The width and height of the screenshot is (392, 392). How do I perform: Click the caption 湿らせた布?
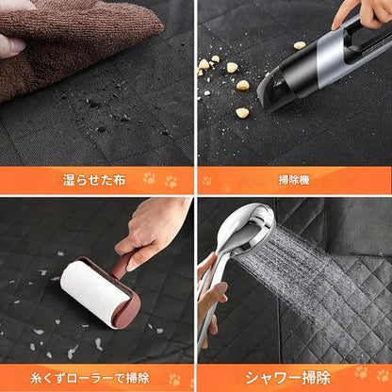click(x=94, y=180)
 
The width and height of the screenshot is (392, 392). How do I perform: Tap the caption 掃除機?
click(x=294, y=180)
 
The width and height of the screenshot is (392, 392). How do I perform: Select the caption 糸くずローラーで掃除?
click(x=90, y=378)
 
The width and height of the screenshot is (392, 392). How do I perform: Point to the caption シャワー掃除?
click(x=287, y=378)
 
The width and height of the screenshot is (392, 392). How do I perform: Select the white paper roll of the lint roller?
click(x=94, y=292)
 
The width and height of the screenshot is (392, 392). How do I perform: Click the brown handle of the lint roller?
click(x=121, y=266)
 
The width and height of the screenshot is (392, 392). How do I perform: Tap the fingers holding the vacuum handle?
click(x=365, y=12)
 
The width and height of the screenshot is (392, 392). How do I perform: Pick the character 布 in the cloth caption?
click(x=119, y=180)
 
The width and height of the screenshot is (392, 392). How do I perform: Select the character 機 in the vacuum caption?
click(x=304, y=180)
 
